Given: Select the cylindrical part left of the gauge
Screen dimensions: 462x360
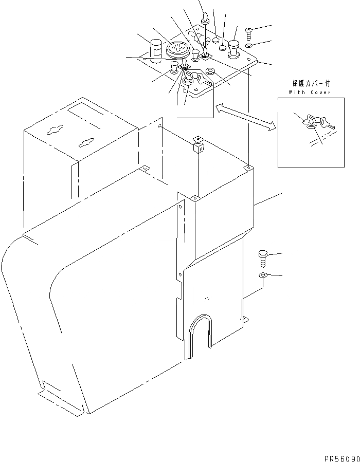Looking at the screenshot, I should click(156, 49).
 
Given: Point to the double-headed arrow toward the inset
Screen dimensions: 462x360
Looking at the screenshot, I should click(245, 119).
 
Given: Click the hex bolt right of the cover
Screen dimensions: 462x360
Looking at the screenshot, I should click(262, 256).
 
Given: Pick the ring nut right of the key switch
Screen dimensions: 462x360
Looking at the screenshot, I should click(210, 71).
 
